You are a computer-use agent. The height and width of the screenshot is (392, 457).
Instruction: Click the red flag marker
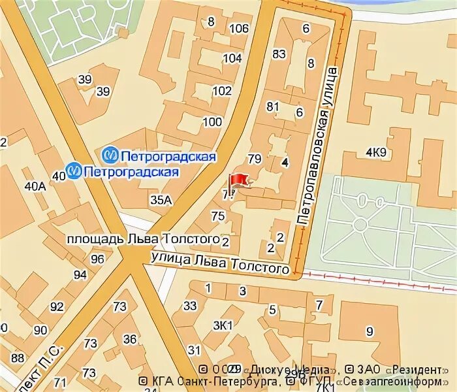pos(237,181)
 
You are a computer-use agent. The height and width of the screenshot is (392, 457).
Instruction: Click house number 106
pos(240,28)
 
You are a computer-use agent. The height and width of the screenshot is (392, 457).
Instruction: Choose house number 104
pos(232,58)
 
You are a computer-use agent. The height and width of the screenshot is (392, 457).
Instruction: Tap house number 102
pos(222,91)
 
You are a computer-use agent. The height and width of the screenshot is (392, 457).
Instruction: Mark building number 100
pos(212,122)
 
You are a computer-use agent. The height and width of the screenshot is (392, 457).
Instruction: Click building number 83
pos(279,54)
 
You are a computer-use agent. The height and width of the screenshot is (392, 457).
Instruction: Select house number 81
pos(273,106)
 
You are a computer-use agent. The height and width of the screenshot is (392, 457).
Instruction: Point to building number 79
pos(255,159)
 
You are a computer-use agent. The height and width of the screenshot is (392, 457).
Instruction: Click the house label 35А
pos(160,200)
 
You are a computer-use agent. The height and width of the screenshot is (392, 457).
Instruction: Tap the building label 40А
pos(35,187)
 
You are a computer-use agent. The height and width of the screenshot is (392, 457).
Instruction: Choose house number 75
pos(218,216)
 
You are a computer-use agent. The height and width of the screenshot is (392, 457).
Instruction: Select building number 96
pos(98,259)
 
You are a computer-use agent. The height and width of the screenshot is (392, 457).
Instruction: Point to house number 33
pos(190,305)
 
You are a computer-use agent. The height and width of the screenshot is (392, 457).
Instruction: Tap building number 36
pos(130,339)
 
